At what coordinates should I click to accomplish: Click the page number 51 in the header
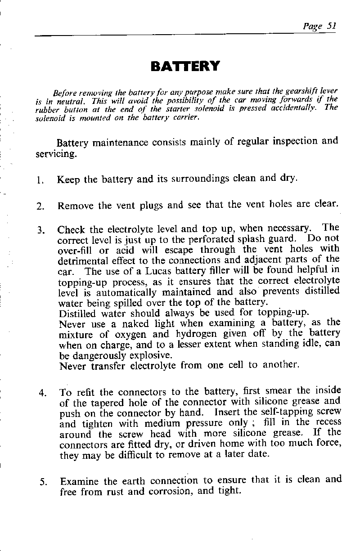point(332,26)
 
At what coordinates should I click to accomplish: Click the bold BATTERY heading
point(185,67)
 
